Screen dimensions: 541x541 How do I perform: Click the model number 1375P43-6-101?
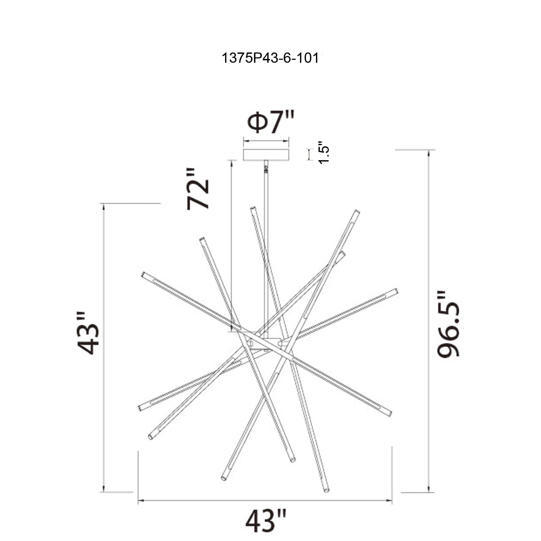click(270, 58)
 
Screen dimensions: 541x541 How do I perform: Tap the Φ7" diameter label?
click(270, 123)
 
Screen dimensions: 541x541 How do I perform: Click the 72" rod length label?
click(198, 189)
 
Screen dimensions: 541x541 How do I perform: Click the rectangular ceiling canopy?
click(266, 155)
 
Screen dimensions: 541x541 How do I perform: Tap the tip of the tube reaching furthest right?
click(396, 291)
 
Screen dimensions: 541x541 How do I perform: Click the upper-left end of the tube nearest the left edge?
click(143, 274)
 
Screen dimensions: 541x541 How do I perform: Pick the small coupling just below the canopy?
click(266, 168)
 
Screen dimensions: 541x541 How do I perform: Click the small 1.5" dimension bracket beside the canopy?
click(309, 154)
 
